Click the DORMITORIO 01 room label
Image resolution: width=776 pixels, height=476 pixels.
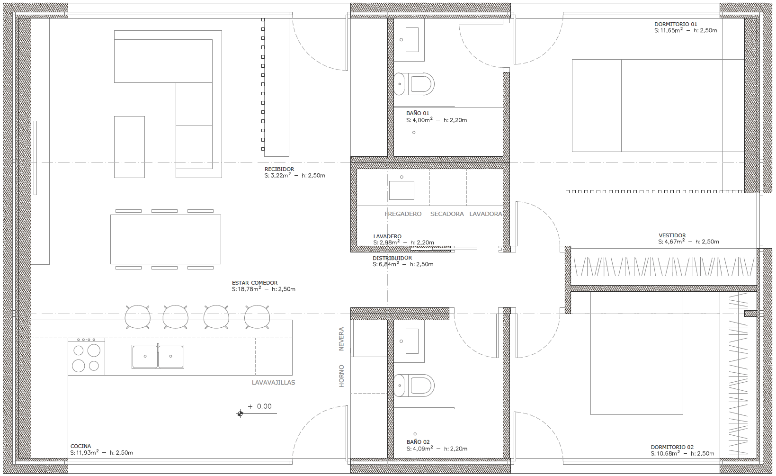[676, 24]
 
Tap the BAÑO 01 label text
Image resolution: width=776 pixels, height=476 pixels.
[418, 113]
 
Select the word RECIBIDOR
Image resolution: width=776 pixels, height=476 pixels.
[279, 169]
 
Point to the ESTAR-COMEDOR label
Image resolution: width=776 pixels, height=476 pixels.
[255, 283]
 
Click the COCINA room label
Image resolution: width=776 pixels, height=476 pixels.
[80, 446]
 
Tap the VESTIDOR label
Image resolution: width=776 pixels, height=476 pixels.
[672, 235]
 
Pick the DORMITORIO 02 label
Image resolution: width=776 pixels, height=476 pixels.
[672, 447]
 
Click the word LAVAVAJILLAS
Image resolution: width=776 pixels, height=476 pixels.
[273, 383]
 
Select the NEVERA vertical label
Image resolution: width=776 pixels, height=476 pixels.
[341, 339]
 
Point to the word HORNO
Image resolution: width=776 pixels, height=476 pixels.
[341, 376]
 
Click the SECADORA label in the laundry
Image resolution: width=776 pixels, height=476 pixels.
[447, 214]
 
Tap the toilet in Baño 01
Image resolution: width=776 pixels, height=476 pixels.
[414, 84]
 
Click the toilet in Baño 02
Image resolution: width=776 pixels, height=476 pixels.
[414, 385]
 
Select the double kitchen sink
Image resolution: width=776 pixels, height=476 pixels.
[158, 357]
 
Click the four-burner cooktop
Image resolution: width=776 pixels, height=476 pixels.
[86, 357]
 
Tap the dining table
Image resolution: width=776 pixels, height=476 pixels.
[166, 239]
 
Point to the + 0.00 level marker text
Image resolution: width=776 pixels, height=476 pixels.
[260, 406]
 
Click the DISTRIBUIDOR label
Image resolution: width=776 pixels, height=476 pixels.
[392, 258]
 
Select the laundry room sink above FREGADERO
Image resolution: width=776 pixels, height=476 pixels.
[401, 190]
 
